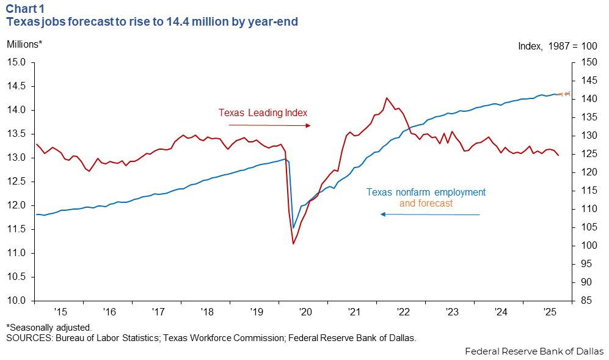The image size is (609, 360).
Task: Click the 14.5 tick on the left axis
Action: (16, 86)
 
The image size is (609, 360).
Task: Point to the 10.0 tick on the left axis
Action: (16, 301)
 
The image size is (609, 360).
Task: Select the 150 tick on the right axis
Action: (588, 62)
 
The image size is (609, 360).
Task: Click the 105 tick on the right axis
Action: (588, 227)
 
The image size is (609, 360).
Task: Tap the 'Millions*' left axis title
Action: (25, 45)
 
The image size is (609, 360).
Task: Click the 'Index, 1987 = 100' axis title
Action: (556, 46)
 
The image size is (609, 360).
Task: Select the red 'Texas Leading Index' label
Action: (263, 113)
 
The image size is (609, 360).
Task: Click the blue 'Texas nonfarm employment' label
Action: (426, 192)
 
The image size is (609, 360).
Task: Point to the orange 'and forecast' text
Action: (426, 204)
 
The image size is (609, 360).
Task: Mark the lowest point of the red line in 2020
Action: (293, 244)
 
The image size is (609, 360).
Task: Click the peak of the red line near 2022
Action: (386, 98)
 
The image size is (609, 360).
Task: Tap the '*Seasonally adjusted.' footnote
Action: (49, 328)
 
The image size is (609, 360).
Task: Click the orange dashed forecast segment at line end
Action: (565, 94)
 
